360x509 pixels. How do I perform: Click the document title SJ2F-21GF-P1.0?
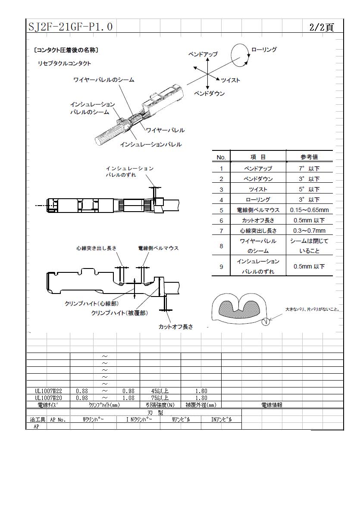coord(71,26)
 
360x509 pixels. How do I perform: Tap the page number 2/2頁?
coord(321,27)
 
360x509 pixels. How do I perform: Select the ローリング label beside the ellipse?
coord(264,50)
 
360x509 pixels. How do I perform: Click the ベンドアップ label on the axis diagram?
coord(203,54)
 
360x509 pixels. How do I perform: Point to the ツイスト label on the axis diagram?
coord(231,80)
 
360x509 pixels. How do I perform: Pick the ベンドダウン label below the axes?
coord(210,94)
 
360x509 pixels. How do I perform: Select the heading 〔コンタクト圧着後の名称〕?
coord(66,50)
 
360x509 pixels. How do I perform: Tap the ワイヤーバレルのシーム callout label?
coord(104,80)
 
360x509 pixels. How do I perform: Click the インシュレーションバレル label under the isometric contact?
coord(150,144)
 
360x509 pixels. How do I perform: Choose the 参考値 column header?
coord(309,157)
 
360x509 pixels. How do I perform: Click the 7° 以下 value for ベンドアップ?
coord(309,169)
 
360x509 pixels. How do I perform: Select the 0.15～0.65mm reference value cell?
coord(310,210)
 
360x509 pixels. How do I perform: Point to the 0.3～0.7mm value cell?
coord(309,231)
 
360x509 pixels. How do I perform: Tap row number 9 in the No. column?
coord(221,267)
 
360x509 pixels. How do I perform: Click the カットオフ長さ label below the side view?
coord(175,327)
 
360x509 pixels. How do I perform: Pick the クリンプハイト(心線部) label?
coord(91,303)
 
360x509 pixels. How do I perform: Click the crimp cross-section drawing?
coord(240,308)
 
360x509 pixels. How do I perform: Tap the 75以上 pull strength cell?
coord(160,398)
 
